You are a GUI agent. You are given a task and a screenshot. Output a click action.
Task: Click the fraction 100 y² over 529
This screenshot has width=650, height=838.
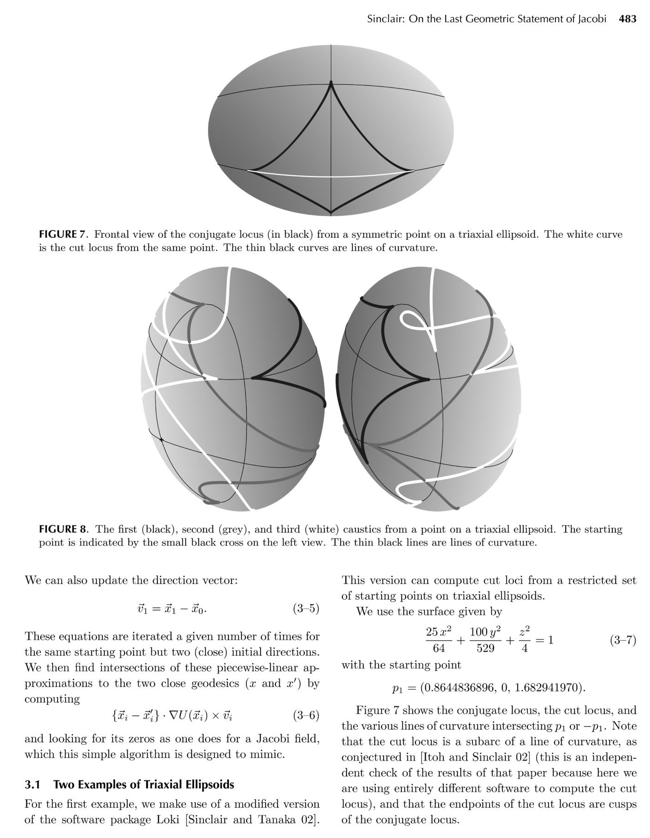pos(485,640)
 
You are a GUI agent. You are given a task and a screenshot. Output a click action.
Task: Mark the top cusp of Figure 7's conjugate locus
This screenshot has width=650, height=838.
pos(331,83)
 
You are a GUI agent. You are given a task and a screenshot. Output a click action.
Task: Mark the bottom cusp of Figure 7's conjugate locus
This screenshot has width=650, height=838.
pos(331,213)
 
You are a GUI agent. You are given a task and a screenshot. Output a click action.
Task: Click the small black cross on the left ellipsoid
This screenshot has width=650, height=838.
pos(161,440)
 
